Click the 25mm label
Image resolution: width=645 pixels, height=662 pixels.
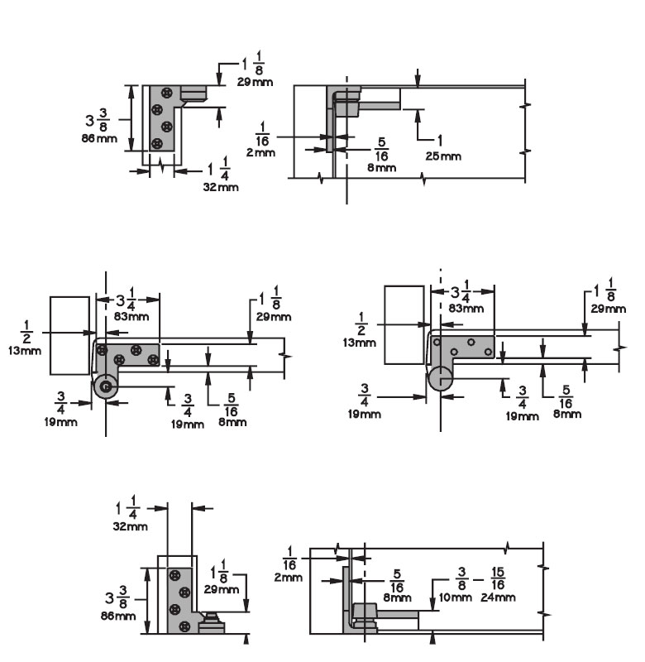[x=444, y=156]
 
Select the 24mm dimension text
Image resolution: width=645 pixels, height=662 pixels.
[x=499, y=597]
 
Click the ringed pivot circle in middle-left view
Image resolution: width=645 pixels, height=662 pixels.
[x=105, y=386]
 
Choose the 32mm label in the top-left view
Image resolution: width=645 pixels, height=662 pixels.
[x=221, y=188]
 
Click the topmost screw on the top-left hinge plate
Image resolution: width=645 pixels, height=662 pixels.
[x=169, y=93]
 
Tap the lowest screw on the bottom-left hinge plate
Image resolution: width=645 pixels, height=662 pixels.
[x=175, y=626]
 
